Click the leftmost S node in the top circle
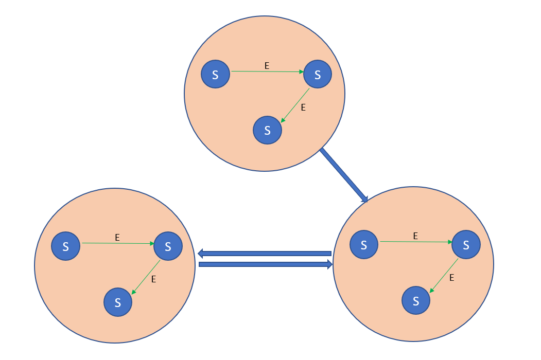pyautogui.click(x=215, y=74)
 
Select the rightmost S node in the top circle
pyautogui.click(x=318, y=74)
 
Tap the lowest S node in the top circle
pyautogui.click(x=267, y=130)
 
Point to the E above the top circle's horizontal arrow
pyautogui.click(x=267, y=65)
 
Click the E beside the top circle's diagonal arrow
pyautogui.click(x=303, y=107)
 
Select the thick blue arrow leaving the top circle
pyautogui.click(x=343, y=175)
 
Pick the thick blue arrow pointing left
pyautogui.click(x=265, y=253)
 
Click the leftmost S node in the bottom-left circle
pyautogui.click(x=66, y=246)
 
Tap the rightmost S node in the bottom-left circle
pyautogui.click(x=168, y=246)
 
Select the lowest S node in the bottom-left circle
pyautogui.click(x=118, y=302)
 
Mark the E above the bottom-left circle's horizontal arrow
pyautogui.click(x=117, y=237)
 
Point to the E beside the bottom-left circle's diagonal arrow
pyautogui.click(x=153, y=279)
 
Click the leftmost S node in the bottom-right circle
pyautogui.click(x=364, y=244)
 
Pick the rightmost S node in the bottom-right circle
pyautogui.click(x=466, y=244)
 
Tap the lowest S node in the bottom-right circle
pyautogui.click(x=415, y=300)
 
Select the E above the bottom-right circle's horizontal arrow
pyautogui.click(x=415, y=236)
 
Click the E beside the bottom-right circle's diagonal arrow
pyautogui.click(x=451, y=278)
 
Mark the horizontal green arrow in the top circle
pyautogui.click(x=268, y=72)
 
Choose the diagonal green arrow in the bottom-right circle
pyautogui.click(x=444, y=276)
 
